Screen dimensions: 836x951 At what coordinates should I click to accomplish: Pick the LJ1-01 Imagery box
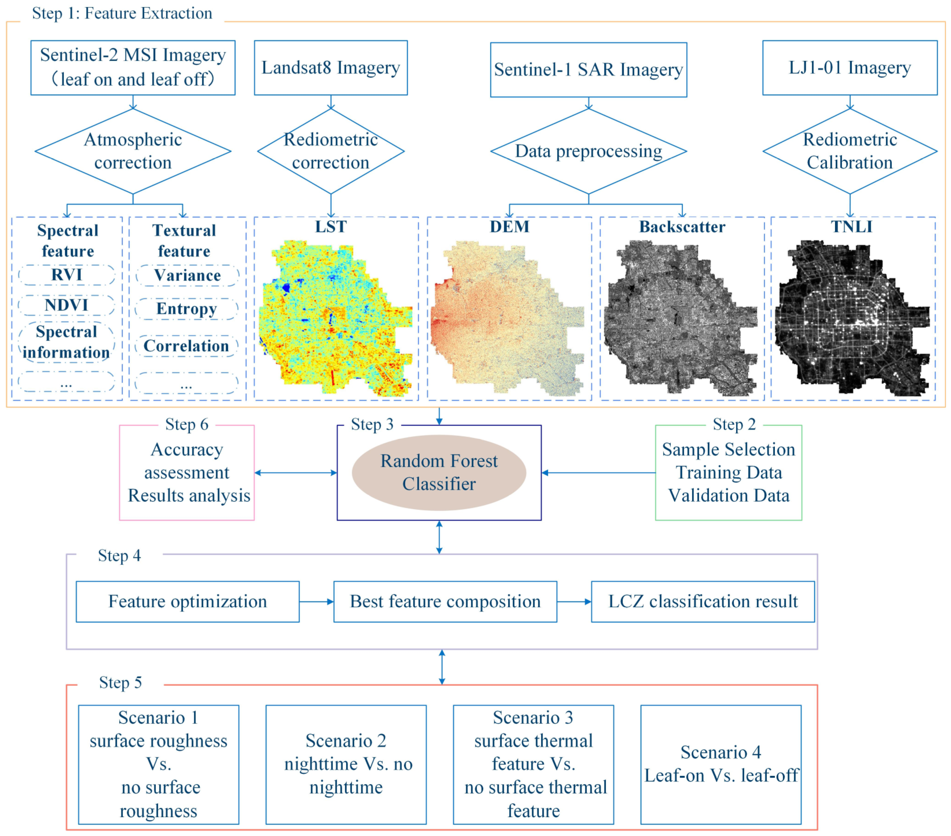point(849,67)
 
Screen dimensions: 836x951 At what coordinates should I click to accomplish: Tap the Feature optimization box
point(187,601)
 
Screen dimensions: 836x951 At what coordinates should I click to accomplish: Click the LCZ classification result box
point(703,601)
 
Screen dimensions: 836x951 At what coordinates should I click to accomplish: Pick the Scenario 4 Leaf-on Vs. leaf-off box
point(721,764)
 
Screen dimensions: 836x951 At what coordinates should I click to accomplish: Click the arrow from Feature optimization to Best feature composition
point(316,601)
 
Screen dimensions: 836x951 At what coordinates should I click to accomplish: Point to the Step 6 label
point(187,424)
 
